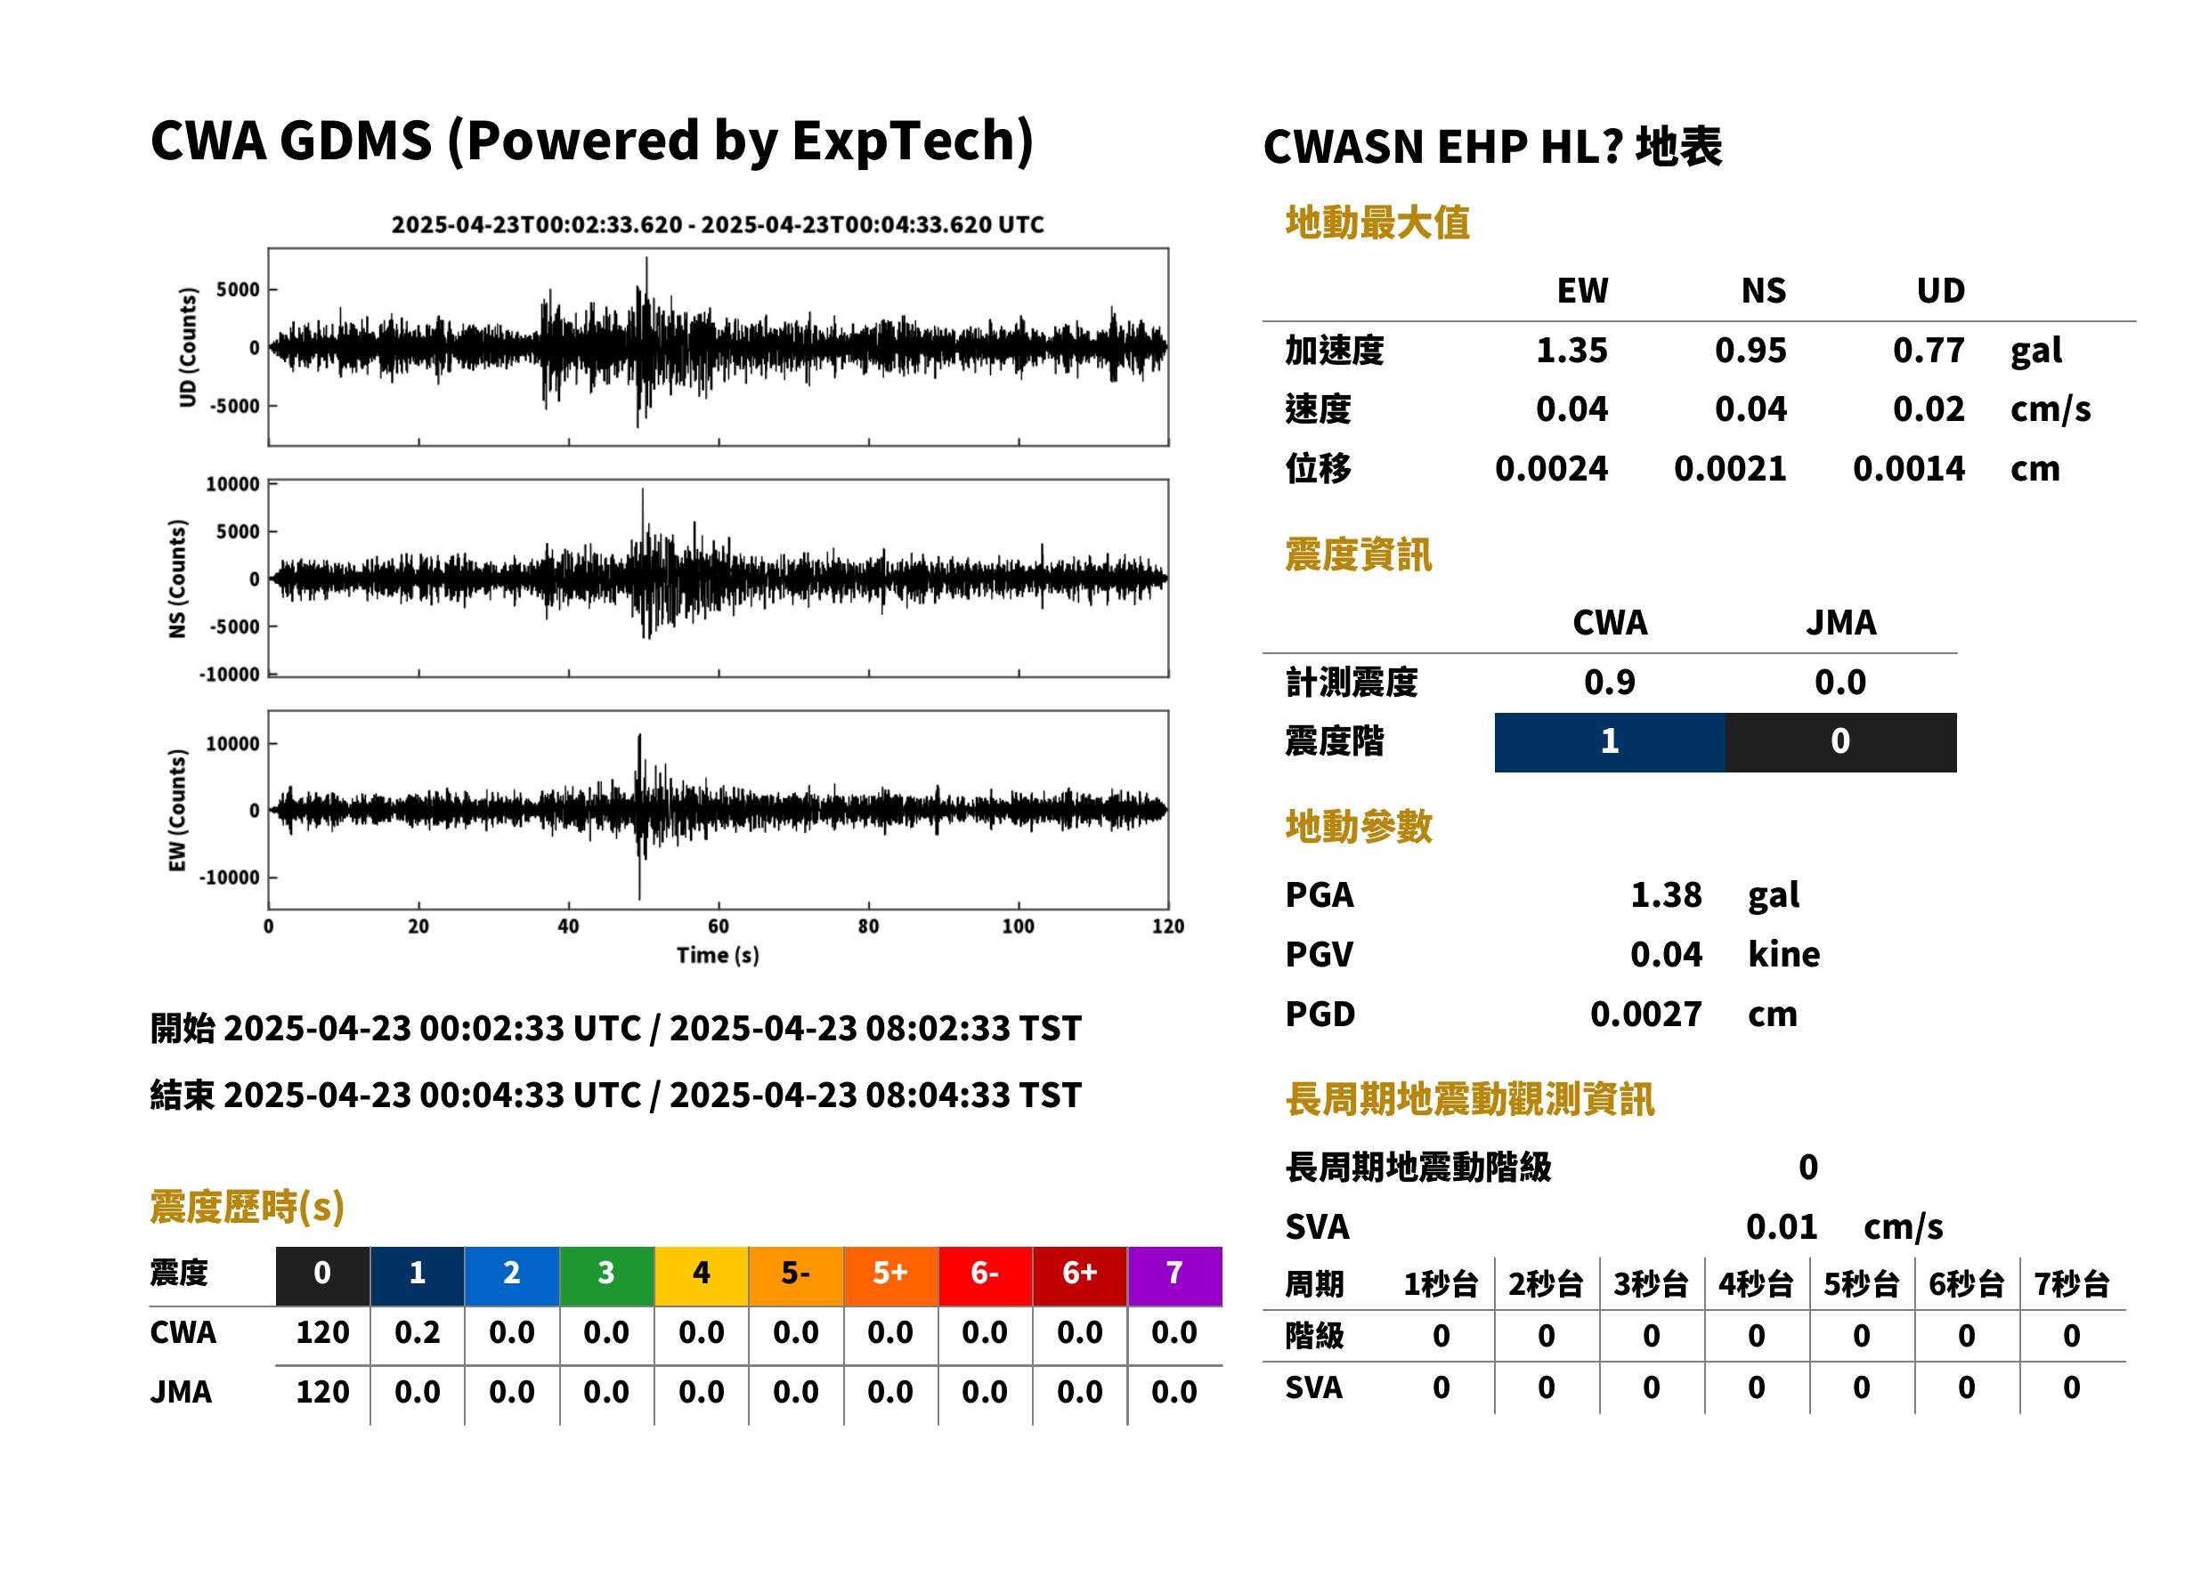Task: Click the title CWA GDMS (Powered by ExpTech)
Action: [x=591, y=141]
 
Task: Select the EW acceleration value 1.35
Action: [x=1571, y=351]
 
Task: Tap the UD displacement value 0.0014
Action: [x=1908, y=469]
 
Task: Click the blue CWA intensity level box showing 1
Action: [x=1610, y=742]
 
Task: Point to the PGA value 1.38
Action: [x=1665, y=894]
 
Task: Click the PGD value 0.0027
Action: [x=1645, y=1014]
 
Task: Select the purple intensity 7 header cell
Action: [x=1174, y=1275]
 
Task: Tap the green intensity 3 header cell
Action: [x=606, y=1275]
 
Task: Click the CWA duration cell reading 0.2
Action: [x=417, y=1332]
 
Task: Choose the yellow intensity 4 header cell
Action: [x=702, y=1275]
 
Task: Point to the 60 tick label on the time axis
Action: [x=718, y=926]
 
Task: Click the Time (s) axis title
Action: [x=718, y=956]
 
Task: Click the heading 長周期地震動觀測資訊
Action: [x=1469, y=1099]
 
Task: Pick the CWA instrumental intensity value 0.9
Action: [x=1610, y=683]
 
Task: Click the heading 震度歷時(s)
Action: [x=248, y=1207]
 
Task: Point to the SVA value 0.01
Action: [x=1781, y=1226]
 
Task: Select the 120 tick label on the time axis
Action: [x=1167, y=926]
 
